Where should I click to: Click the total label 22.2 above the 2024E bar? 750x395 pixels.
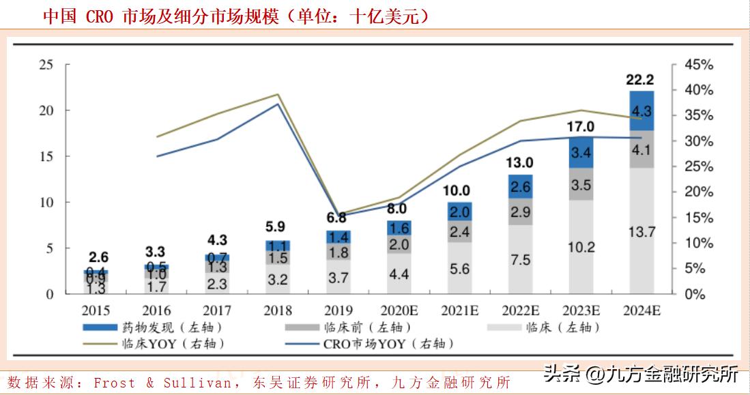tap(641, 80)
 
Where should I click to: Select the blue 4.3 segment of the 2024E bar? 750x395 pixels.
tap(641, 111)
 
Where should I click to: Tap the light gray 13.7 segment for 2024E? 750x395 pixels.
tap(641, 232)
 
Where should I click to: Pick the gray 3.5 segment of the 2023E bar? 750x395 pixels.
tap(580, 185)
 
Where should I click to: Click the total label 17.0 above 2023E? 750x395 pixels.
tap(580, 126)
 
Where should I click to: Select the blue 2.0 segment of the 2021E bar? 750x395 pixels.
tap(459, 211)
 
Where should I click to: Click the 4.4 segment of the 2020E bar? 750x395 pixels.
tap(399, 274)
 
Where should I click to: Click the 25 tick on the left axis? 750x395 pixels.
tap(46, 65)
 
